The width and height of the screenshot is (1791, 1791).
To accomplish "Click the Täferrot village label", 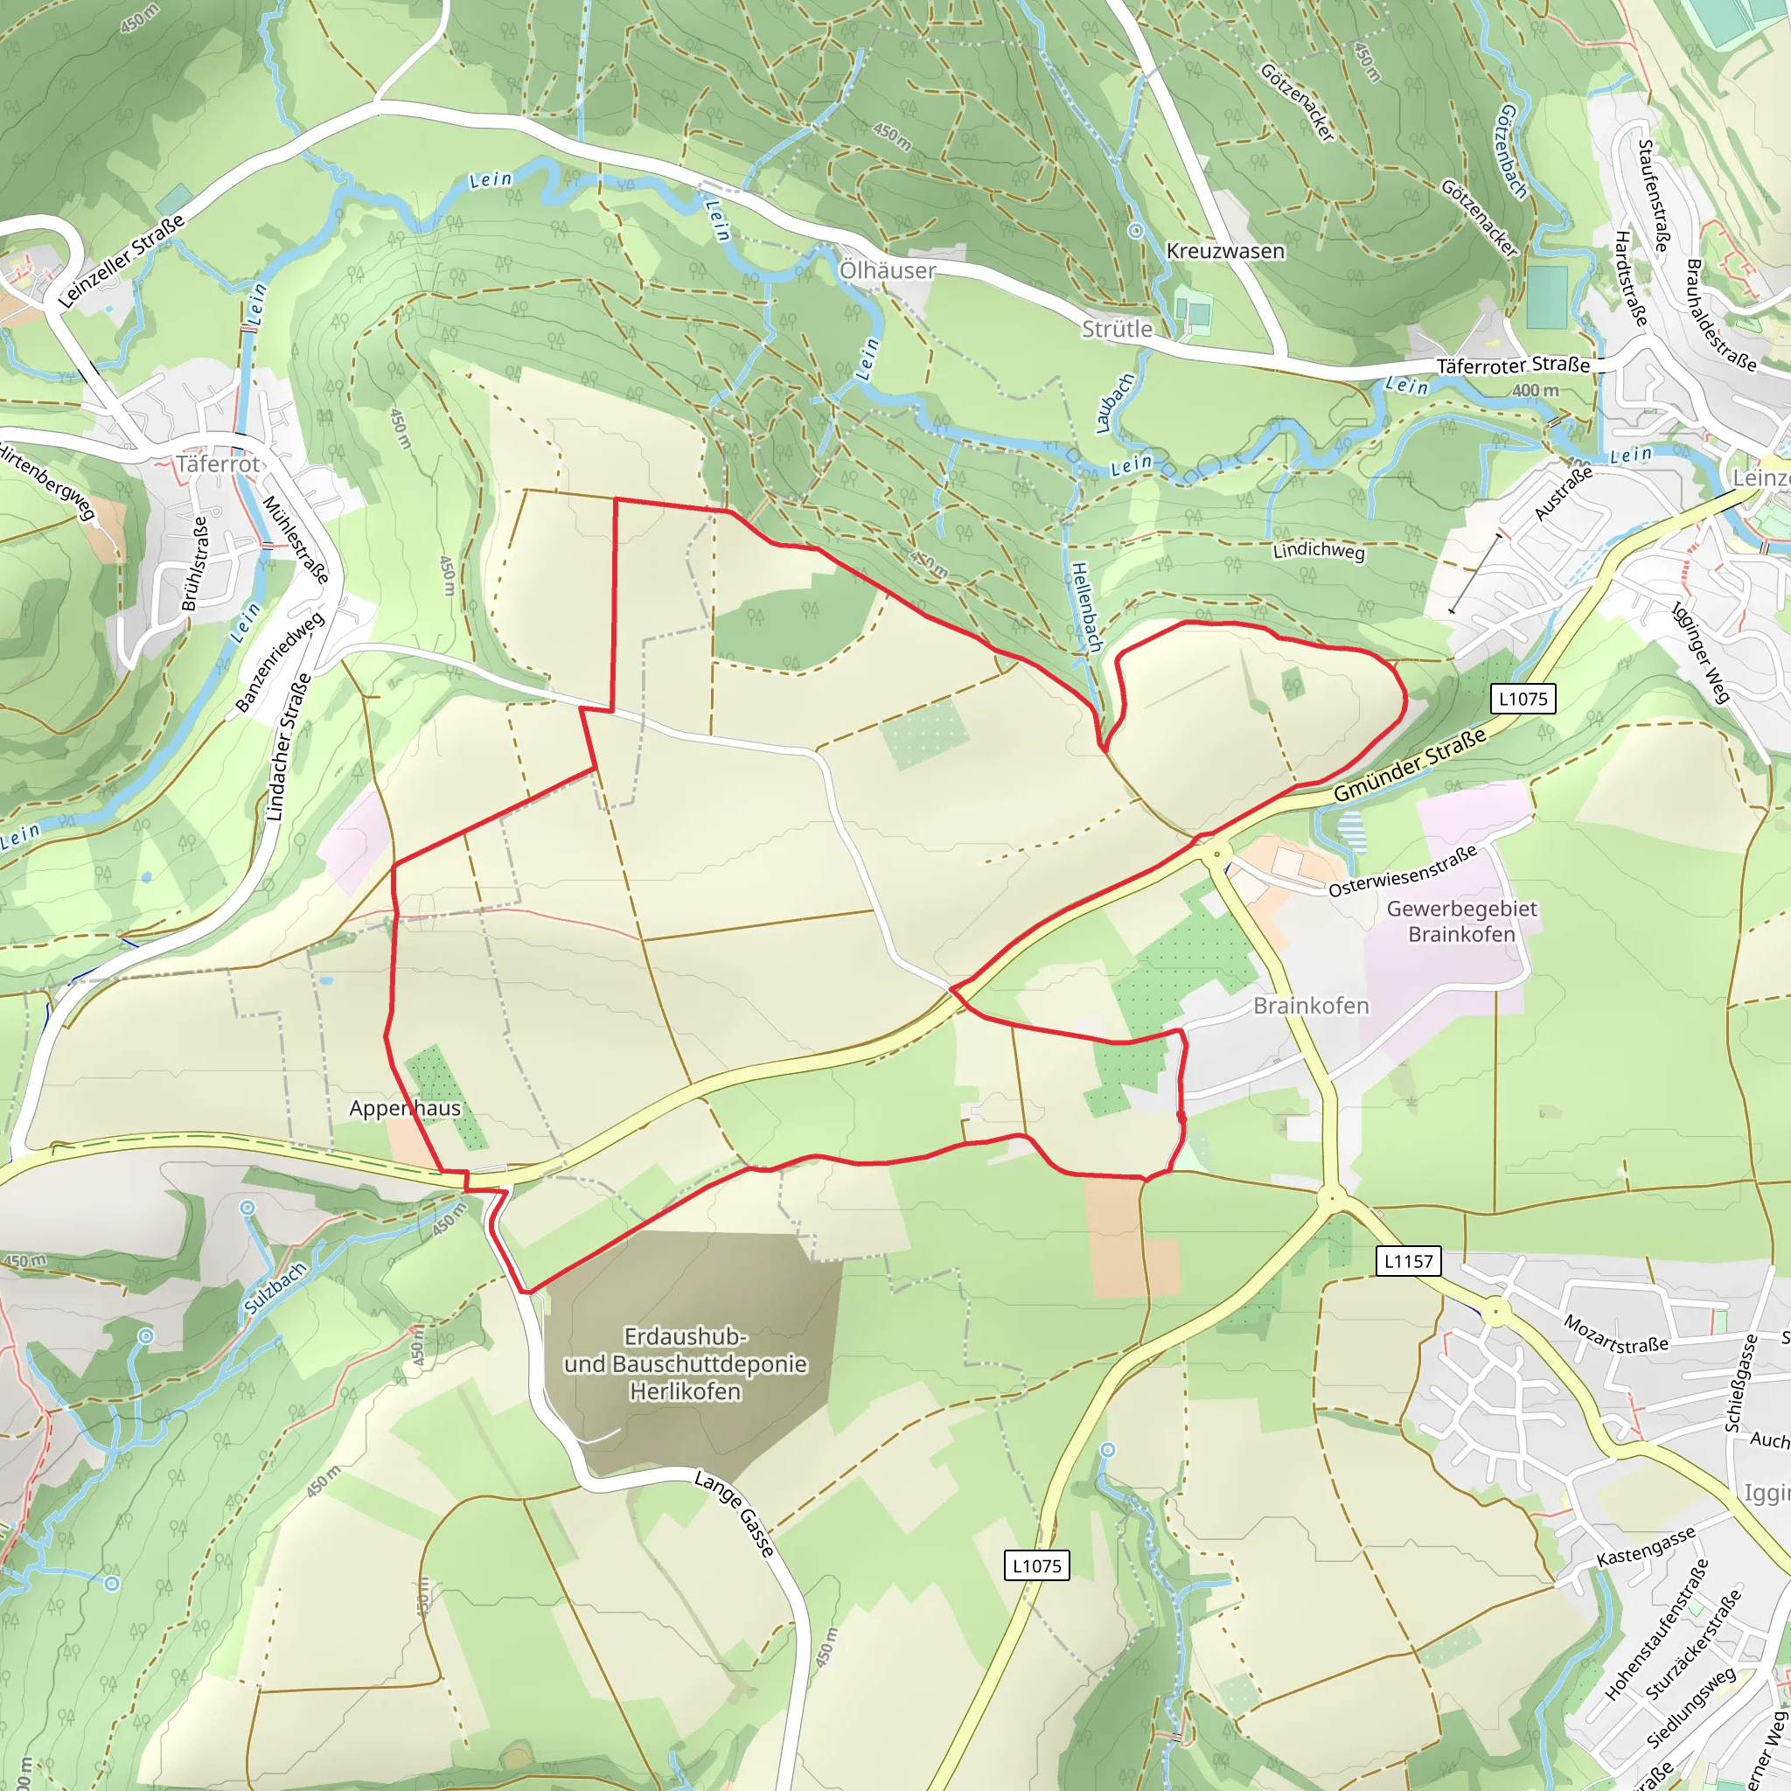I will click(219, 463).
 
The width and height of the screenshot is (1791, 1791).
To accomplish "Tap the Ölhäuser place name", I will click(887, 269).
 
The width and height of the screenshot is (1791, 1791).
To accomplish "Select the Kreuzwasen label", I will click(1224, 251).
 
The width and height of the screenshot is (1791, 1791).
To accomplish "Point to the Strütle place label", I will click(1117, 329).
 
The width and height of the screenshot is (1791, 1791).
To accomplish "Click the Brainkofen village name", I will click(1310, 1006).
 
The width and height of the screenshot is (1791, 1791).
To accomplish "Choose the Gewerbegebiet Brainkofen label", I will click(1461, 921).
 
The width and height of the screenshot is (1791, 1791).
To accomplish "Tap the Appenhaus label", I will click(404, 1108).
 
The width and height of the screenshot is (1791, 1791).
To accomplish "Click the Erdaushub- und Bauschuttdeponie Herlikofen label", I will click(685, 1363).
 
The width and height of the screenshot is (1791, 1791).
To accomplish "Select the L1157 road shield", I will click(1408, 1261).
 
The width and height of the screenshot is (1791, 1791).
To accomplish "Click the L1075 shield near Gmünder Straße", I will click(1523, 699).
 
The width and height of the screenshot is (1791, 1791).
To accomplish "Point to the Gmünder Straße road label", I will click(1409, 766).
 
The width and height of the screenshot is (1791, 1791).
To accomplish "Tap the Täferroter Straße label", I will click(1512, 366).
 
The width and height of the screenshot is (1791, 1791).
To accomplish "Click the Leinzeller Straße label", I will click(122, 261).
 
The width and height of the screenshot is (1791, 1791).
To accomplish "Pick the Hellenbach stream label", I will click(1086, 606).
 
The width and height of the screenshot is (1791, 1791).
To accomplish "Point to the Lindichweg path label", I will click(1318, 551).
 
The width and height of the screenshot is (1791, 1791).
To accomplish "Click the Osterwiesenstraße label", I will click(1402, 871).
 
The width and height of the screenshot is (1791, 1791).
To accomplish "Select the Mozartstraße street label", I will click(1616, 1335).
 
